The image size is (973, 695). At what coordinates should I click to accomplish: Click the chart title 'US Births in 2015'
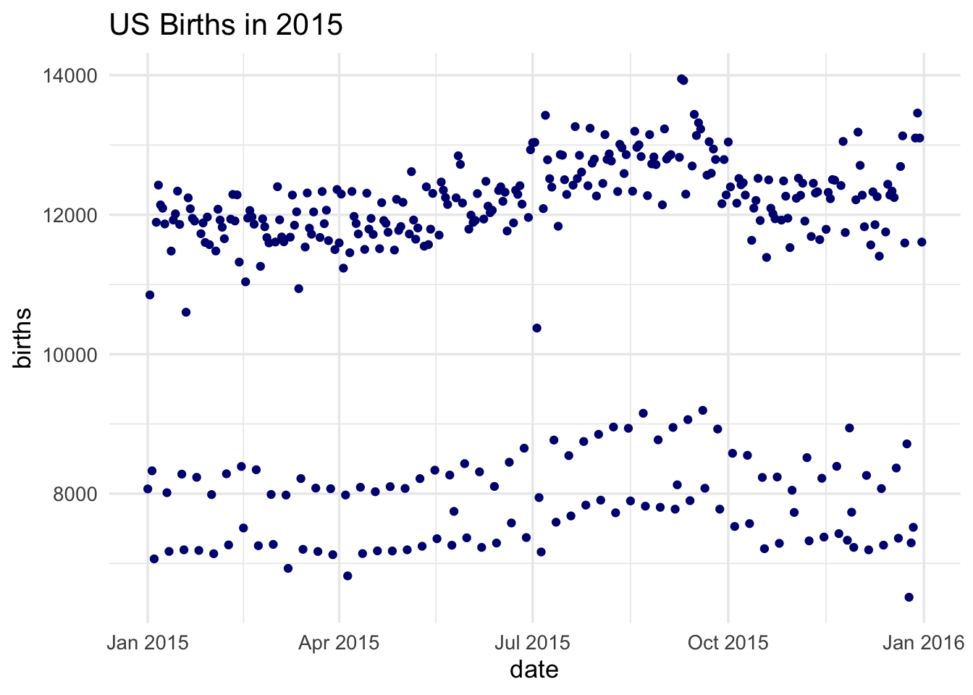pos(225,25)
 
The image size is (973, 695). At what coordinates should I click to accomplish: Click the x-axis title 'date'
pos(534,670)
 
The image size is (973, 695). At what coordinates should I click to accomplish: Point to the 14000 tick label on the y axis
pos(66,75)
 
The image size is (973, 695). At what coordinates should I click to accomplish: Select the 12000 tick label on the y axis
pos(66,215)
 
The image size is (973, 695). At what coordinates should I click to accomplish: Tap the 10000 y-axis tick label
pos(66,355)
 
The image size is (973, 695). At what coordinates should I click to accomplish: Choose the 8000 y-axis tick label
pos(71,494)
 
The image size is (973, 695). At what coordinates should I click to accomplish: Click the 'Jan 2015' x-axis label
pos(148,643)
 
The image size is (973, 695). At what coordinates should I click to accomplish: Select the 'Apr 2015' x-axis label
pos(339,643)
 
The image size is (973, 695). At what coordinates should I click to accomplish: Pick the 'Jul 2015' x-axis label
pos(532,643)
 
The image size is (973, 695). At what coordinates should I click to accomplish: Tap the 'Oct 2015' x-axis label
pos(728,643)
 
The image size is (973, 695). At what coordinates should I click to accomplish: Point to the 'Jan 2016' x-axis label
pos(923,643)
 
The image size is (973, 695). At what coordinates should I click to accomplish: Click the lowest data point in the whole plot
pos(909,597)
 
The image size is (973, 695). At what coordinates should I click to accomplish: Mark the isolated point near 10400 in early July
pos(536,328)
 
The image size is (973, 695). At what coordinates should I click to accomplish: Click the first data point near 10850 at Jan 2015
pos(150,295)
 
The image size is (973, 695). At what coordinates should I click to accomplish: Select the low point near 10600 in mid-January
pos(186,312)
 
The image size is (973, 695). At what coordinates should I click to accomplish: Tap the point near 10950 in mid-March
pos(298,288)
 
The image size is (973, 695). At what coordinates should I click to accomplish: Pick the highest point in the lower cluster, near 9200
pos(702,410)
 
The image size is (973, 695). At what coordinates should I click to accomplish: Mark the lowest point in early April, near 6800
pos(347,576)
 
